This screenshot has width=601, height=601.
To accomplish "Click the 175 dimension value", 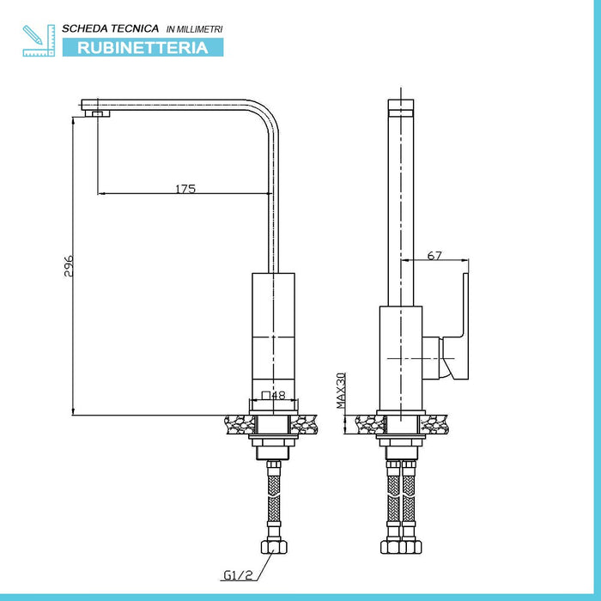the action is pos(185,189).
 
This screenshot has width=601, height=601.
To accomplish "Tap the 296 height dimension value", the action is pos(69,266).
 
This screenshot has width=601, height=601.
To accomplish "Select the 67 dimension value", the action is pos(434,255).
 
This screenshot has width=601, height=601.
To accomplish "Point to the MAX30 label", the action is pos(341,391).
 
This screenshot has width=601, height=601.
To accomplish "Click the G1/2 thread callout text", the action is pos(238,575).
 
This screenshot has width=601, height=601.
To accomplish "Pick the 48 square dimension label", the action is pos(274,395).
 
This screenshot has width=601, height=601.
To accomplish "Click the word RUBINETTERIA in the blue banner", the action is pos(143,48).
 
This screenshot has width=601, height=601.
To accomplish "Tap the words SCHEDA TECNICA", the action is pos(111,28).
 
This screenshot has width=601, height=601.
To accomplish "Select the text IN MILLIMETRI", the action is pos(194,29).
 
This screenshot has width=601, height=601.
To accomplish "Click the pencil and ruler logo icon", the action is pos(39,40).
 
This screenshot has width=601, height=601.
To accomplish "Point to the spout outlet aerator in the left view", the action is pos(97,113).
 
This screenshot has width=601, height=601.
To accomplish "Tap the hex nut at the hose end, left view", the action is pos(274,547).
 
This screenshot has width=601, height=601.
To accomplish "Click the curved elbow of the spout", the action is pos(266,116).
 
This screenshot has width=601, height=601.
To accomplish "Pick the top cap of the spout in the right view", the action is pos(401,105).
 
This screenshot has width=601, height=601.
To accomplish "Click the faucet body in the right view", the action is pos(401,358).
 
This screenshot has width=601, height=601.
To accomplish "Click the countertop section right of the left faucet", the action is pos(304,424).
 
